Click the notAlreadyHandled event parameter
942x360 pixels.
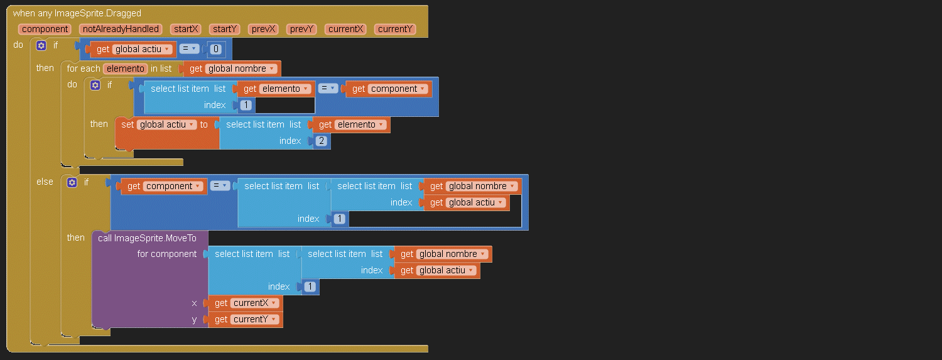120,29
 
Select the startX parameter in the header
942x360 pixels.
187,29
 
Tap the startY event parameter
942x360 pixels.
225,29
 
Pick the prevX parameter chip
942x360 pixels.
263,29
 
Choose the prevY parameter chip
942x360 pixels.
301,29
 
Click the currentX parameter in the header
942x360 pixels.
346,29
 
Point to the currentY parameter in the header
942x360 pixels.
395,29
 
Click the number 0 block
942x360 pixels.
215,49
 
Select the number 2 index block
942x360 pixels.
322,141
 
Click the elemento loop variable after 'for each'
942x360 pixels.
126,68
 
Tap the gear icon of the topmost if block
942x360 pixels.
41,45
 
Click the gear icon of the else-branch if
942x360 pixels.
72,182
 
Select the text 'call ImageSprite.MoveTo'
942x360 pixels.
147,238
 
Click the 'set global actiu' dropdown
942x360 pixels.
166,124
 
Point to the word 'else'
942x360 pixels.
45,182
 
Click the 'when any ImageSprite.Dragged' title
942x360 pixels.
77,13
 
